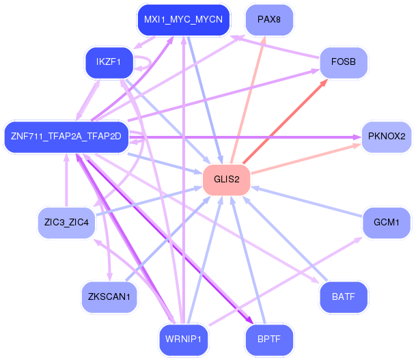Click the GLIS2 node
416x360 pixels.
(x=226, y=180)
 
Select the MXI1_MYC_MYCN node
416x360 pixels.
(x=183, y=20)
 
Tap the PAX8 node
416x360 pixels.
(x=269, y=20)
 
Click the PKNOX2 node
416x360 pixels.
(x=387, y=137)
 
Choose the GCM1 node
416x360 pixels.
(x=387, y=223)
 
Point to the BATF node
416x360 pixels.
(x=344, y=297)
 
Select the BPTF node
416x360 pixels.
(x=269, y=340)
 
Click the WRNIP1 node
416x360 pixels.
(x=183, y=340)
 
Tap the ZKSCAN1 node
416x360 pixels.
(x=109, y=297)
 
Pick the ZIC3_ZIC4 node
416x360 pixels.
(x=66, y=223)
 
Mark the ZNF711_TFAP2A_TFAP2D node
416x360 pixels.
(x=66, y=137)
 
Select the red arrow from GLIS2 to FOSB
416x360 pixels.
(x=286, y=122)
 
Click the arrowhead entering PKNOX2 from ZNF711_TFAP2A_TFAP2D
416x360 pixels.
(x=357, y=137)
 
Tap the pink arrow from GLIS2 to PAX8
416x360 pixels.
(x=248, y=100)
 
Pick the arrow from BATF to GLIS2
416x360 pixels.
(x=286, y=239)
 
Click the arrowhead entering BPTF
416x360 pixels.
(x=250, y=320)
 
